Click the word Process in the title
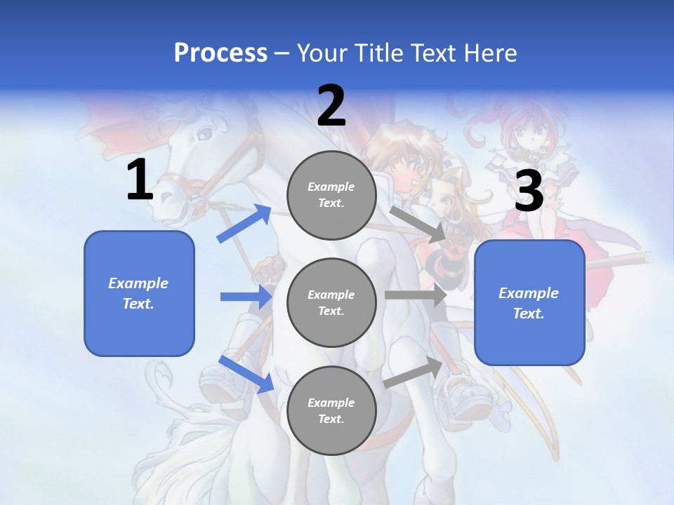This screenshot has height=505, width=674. tap(220, 53)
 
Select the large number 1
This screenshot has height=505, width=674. tap(140, 180)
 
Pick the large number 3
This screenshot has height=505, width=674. tap(529, 191)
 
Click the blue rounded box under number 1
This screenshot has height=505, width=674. tap(139, 293)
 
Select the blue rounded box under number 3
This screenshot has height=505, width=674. tap(529, 303)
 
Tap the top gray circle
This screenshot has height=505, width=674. tap(331, 195)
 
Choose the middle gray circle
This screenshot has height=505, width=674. tap(331, 302)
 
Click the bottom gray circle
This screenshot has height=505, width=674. tap(331, 410)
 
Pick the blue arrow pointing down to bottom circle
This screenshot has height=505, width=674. tap(246, 374)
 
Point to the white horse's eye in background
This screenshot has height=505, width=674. tap(205, 132)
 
